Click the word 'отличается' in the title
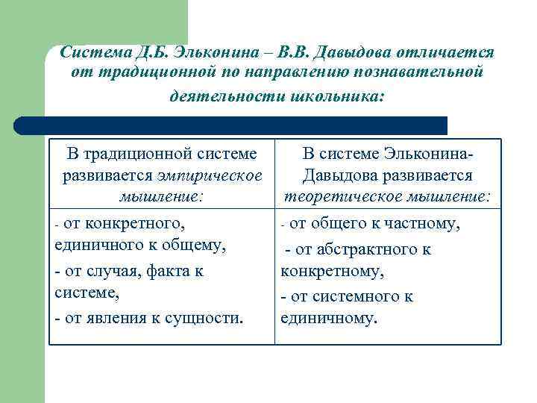[x=448, y=52]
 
